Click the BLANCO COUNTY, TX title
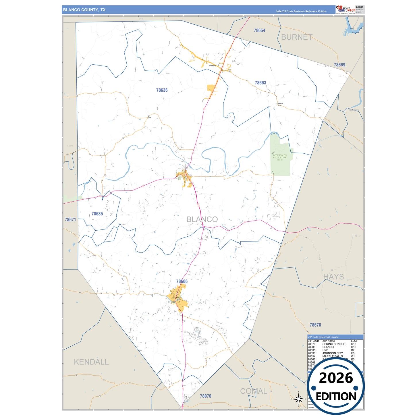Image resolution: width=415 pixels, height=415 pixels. tap(84, 10)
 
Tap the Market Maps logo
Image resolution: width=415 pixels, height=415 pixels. tap(345, 9)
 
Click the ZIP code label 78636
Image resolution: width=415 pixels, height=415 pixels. tap(162, 90)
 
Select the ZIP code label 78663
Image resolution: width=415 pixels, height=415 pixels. tap(260, 83)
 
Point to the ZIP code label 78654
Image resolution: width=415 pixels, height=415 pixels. tap(259, 30)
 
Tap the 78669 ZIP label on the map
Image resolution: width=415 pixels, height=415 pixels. tap(339, 65)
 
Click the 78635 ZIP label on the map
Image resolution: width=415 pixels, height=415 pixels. tap(97, 214)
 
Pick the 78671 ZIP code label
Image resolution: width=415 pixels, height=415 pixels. tap(70, 220)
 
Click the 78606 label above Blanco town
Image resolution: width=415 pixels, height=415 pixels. tap(182, 281)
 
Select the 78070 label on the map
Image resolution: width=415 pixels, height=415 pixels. tap(205, 396)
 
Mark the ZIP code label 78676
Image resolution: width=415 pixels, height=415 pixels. tap(315, 325)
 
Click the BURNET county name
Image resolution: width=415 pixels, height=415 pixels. tap(297, 37)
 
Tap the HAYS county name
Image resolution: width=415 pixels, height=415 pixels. tap(333, 277)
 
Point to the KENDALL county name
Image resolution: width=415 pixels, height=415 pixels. tap(91, 362)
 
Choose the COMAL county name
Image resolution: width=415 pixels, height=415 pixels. tap(254, 391)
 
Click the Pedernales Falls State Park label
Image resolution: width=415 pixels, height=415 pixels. tap(280, 157)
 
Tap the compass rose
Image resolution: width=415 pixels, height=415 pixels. tap(299, 399)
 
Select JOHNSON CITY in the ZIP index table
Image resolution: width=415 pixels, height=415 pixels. tap(333, 353)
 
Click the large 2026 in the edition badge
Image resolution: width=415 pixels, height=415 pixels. tap(336, 378)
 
